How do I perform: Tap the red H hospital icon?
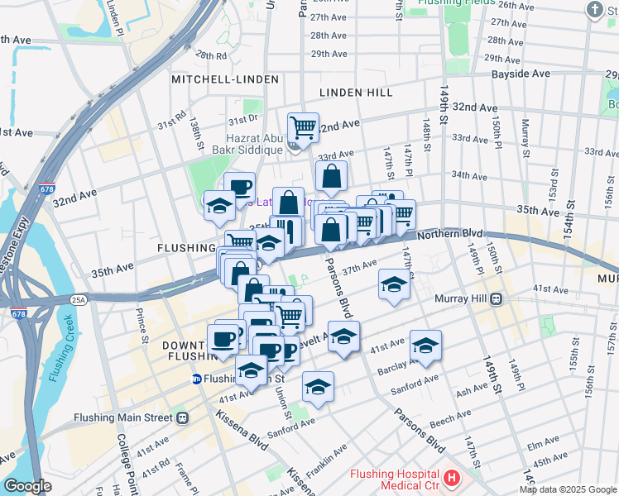[x=452, y=478]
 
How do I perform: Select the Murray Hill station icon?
[x=497, y=298]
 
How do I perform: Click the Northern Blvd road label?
[x=449, y=235]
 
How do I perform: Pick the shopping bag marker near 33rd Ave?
[x=331, y=175]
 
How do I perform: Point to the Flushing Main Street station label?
[x=124, y=417]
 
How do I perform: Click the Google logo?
[x=26, y=486]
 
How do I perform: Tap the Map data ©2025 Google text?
[x=567, y=489]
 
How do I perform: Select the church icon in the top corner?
[x=594, y=10]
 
